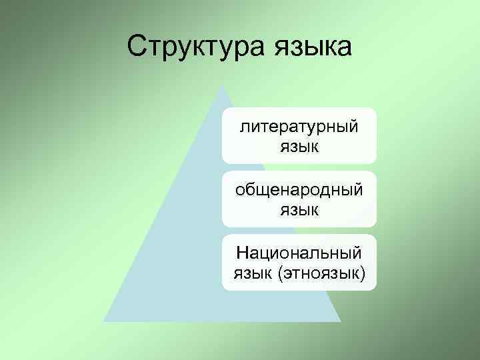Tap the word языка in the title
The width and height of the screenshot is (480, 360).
(311, 47)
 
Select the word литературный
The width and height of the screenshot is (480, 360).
(299, 127)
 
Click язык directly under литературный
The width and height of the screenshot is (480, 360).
(299, 146)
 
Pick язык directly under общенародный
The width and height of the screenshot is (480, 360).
(299, 210)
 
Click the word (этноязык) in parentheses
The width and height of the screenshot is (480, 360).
(323, 273)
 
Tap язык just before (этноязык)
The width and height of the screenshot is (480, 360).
(254, 273)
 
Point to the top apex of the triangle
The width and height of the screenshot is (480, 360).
(222, 85)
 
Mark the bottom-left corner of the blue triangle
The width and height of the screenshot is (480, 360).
(104, 321)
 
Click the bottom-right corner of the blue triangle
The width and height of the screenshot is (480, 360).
(340, 321)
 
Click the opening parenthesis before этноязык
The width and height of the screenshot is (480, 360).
(282, 273)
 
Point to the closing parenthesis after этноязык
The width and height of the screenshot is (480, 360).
(363, 273)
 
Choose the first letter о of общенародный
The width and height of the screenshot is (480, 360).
(240, 190)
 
